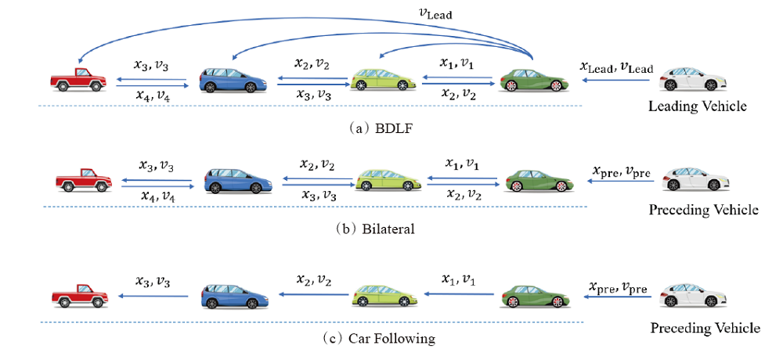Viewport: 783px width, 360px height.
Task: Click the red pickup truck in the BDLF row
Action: pos(78,78)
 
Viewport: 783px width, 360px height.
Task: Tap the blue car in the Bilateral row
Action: pos(236,181)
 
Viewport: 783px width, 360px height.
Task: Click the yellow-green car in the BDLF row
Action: pos(382,78)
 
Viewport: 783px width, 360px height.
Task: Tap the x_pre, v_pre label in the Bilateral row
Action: pos(618,171)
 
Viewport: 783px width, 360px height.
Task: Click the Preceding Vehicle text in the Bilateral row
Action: pos(703,210)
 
